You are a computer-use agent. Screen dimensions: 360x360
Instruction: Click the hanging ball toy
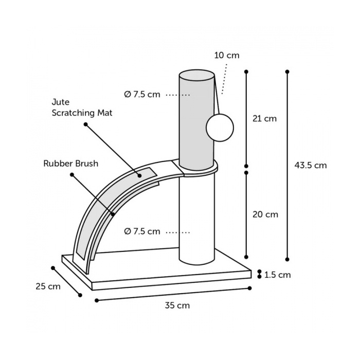[220, 128]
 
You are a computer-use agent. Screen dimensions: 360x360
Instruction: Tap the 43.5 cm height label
[311, 165]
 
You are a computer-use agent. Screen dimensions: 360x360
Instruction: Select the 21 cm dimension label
[264, 118]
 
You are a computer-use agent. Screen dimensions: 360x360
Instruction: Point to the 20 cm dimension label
[265, 214]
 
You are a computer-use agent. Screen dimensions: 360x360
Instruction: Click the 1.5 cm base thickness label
[278, 275]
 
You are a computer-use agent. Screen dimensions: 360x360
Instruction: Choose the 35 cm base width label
[177, 305]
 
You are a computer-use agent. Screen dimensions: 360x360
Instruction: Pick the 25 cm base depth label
[48, 286]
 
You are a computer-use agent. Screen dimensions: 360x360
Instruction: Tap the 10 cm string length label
[227, 56]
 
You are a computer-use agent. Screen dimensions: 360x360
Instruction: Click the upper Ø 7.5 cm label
[142, 94]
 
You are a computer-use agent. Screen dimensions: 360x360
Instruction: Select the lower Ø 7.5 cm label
[142, 231]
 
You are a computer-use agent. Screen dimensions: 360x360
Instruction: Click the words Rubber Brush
[71, 164]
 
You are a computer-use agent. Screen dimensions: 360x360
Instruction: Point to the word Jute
[61, 102]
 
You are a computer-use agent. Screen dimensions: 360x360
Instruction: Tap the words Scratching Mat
[82, 113]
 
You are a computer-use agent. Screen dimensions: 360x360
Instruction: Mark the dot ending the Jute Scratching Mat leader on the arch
[139, 176]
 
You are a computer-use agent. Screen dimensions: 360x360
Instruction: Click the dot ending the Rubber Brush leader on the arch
[113, 214]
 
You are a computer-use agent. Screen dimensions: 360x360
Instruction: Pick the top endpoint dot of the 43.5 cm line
[287, 71]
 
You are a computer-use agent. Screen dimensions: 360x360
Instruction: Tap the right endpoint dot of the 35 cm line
[250, 288]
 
